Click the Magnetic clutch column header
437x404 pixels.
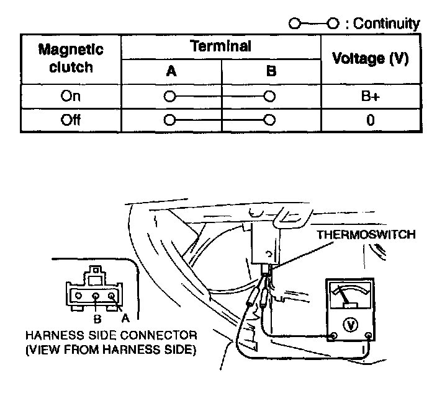click(x=71, y=58)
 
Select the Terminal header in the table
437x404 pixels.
click(x=220, y=46)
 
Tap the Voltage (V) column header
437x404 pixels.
click(x=370, y=58)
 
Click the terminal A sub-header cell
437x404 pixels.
click(x=171, y=71)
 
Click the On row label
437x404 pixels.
click(x=71, y=96)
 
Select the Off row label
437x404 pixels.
click(x=71, y=120)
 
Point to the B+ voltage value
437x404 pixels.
click(x=370, y=97)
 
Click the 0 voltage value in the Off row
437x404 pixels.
click(x=370, y=120)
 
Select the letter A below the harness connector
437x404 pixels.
click(x=125, y=317)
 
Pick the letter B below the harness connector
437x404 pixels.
click(x=97, y=320)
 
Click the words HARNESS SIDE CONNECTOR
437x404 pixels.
click(x=112, y=335)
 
